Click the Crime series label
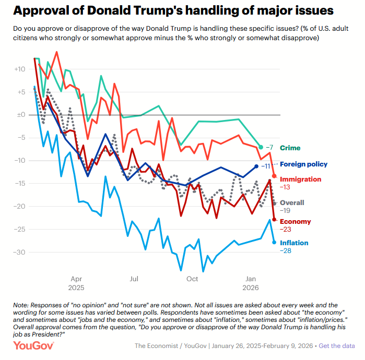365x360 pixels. point(290,148)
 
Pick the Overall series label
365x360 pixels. point(292,202)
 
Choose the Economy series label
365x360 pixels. point(295,222)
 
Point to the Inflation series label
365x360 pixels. point(294,243)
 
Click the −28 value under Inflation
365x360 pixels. point(287,251)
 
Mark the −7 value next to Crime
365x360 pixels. point(269,148)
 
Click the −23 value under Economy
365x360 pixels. point(287,230)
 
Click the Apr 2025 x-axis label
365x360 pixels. point(76,283)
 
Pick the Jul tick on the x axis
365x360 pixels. point(134,279)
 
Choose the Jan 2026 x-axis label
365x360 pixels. point(251,283)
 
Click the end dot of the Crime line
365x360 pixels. point(261,147)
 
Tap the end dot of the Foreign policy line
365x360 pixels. point(256,166)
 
